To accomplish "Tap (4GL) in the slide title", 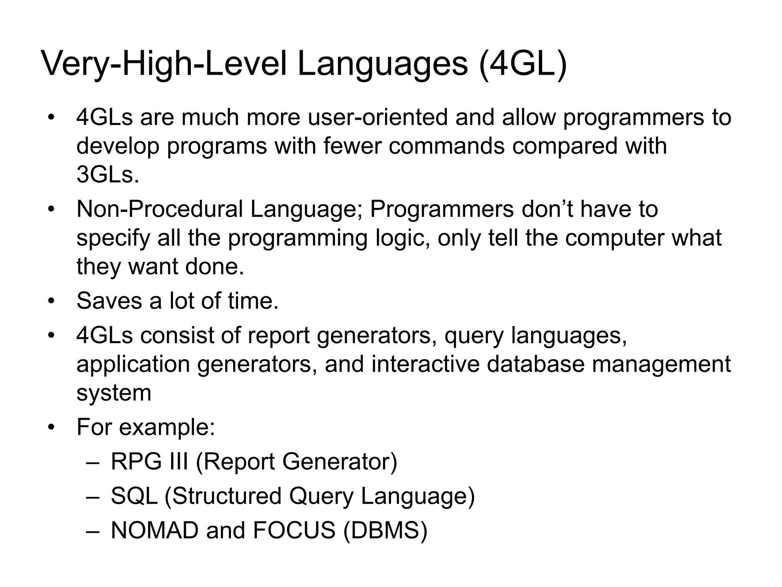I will (x=522, y=64).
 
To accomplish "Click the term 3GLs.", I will (x=108, y=175).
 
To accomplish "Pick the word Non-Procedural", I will (x=160, y=209).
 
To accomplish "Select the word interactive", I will (x=425, y=364).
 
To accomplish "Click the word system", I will (x=114, y=393).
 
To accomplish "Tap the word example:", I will (x=167, y=427).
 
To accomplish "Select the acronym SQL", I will (x=134, y=496).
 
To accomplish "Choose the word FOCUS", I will (x=294, y=530).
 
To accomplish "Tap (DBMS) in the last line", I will (x=385, y=530).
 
